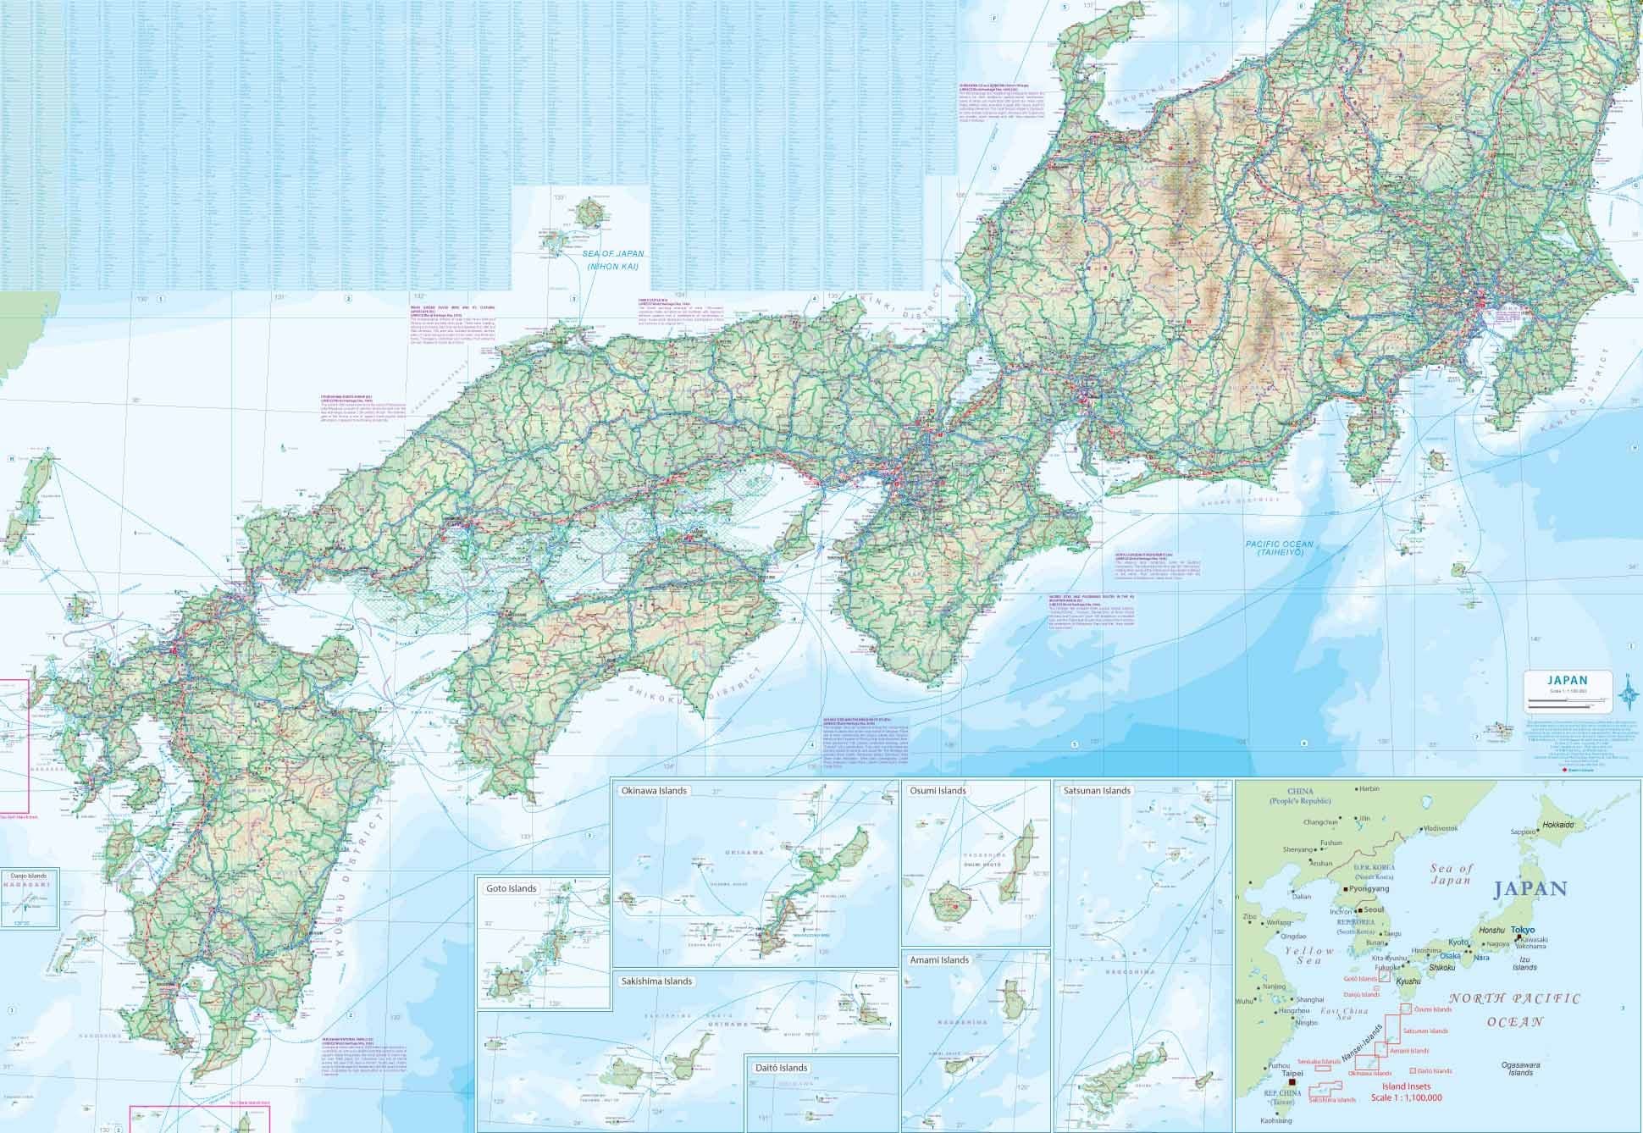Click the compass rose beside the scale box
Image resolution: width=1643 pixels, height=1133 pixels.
click(1627, 694)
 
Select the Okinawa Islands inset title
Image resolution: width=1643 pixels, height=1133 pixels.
click(654, 791)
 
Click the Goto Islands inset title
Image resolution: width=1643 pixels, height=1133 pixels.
click(511, 888)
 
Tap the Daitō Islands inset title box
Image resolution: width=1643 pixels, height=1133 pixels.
click(780, 1068)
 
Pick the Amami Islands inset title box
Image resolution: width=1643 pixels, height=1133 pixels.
click(939, 959)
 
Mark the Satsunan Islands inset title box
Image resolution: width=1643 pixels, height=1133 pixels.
click(1096, 791)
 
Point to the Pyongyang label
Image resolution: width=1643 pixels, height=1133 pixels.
click(1370, 890)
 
